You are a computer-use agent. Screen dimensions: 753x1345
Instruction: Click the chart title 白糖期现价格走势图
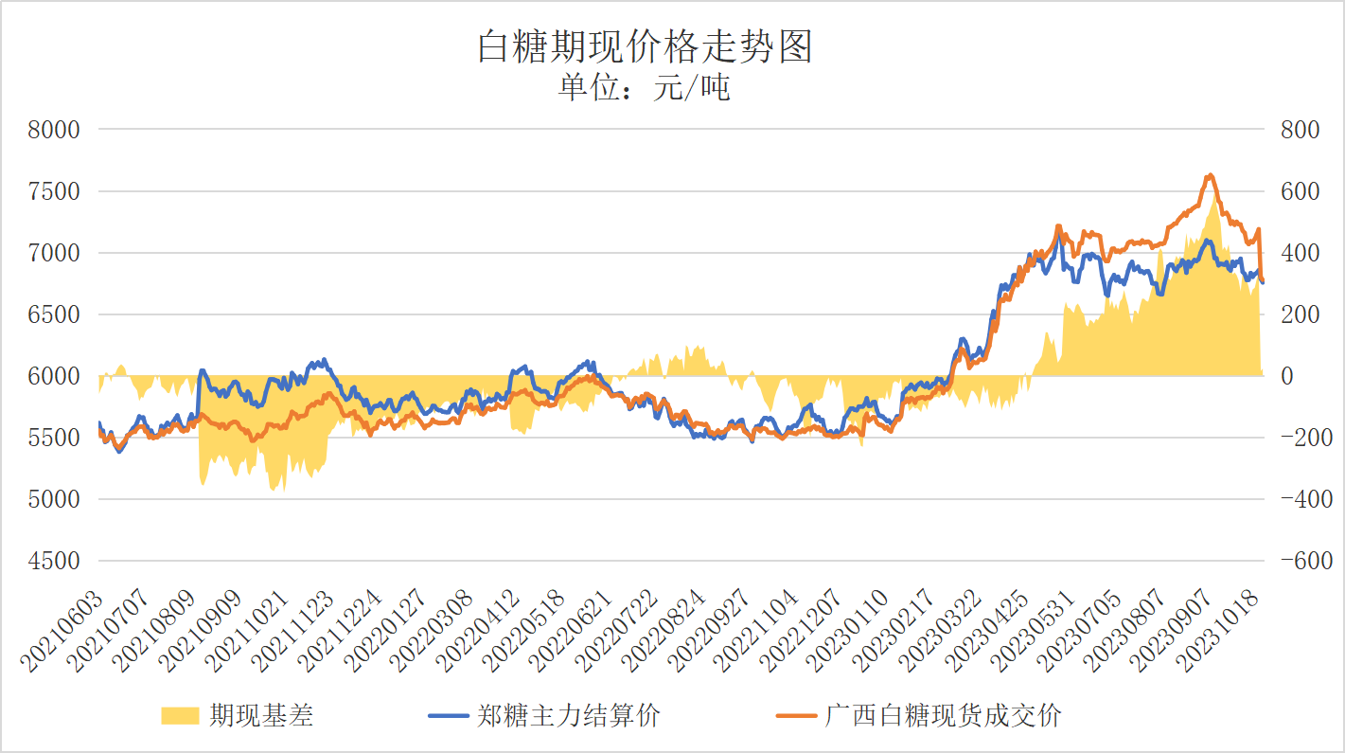pos(645,46)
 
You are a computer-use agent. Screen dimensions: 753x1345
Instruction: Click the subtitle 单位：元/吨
pos(645,88)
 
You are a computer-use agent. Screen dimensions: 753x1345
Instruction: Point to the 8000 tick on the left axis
pos(55,130)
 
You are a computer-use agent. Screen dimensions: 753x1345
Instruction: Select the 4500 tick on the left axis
pos(55,561)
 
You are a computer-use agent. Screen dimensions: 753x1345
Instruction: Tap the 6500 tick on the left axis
pos(55,314)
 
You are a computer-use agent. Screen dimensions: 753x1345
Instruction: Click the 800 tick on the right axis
pos(1300,130)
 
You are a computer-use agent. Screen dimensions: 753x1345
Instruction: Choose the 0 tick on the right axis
pos(1286,376)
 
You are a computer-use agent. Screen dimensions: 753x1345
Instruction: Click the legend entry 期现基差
pos(261,715)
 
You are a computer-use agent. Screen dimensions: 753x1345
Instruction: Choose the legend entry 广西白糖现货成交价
pos(943,715)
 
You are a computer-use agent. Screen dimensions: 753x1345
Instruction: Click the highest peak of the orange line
pos(1210,175)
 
